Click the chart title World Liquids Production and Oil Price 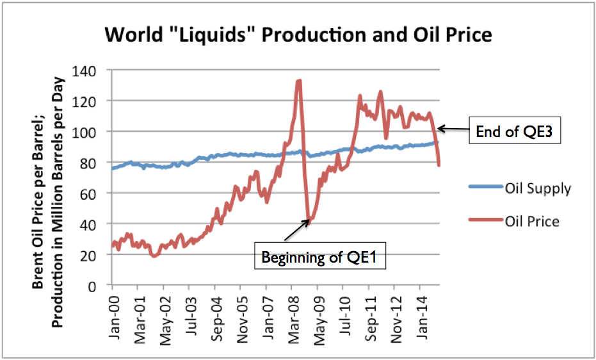coord(299,34)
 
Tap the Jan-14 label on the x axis coord(424,314)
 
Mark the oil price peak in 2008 coord(299,81)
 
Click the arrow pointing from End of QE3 coord(454,129)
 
